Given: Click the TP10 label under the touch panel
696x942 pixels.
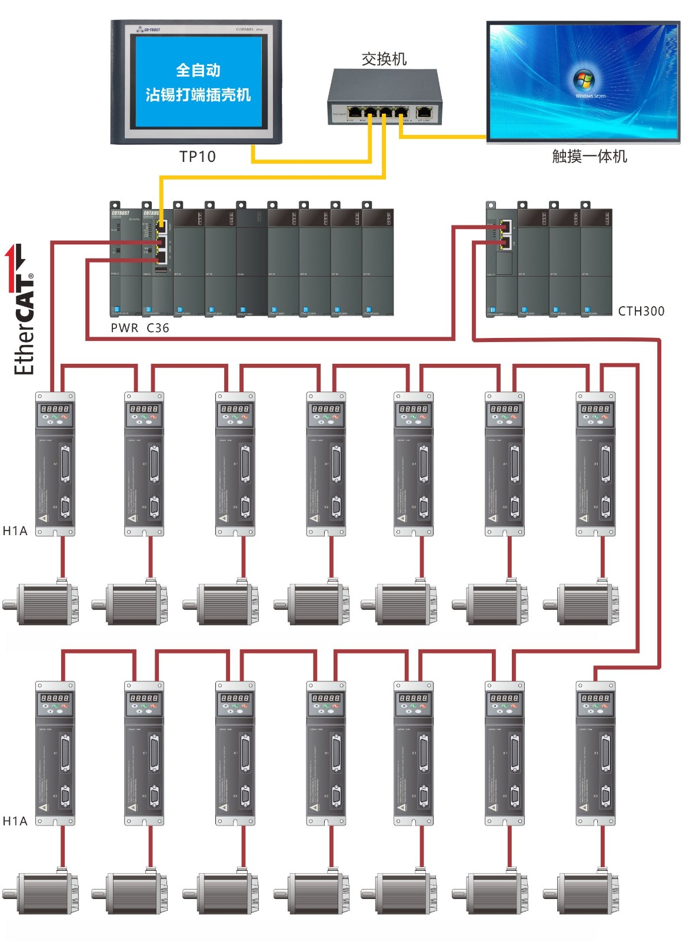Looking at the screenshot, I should click(x=197, y=157).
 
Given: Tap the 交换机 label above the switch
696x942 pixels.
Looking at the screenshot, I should click(x=384, y=59).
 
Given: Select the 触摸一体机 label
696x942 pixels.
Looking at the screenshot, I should click(x=589, y=156).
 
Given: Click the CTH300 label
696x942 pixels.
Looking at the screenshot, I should click(x=641, y=311).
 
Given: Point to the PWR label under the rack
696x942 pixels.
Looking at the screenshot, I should click(x=124, y=328).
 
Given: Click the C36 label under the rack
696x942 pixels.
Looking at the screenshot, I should click(x=158, y=328).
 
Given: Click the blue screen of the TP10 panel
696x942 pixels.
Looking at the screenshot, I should click(x=198, y=82).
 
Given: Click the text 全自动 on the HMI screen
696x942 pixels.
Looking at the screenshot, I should click(x=198, y=70).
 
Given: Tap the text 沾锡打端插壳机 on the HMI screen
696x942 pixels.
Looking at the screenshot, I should click(x=198, y=95).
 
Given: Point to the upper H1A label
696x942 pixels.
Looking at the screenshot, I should click(x=15, y=530).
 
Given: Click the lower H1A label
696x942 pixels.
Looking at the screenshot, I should click(x=15, y=821).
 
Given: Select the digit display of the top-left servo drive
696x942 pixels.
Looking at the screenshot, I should click(x=55, y=409).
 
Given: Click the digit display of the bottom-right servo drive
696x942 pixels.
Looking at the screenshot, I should click(x=595, y=698).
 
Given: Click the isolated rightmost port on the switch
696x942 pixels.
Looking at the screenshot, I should click(x=424, y=112).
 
